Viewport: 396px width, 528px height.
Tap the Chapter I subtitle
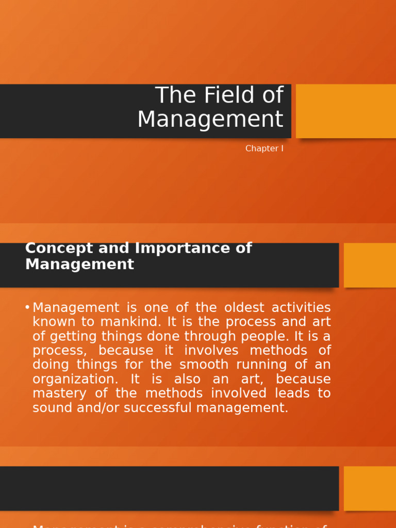pyautogui.click(x=264, y=148)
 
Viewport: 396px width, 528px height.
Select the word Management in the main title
pyautogui.click(x=210, y=119)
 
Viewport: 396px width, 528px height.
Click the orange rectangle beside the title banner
pyautogui.click(x=345, y=111)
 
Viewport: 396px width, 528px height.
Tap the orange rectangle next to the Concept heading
pyautogui.click(x=370, y=265)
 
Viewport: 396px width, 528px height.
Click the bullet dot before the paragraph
pyautogui.click(x=27, y=308)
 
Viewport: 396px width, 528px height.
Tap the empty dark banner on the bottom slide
pyautogui.click(x=169, y=488)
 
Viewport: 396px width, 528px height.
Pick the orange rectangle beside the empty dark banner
pyautogui.click(x=370, y=488)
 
